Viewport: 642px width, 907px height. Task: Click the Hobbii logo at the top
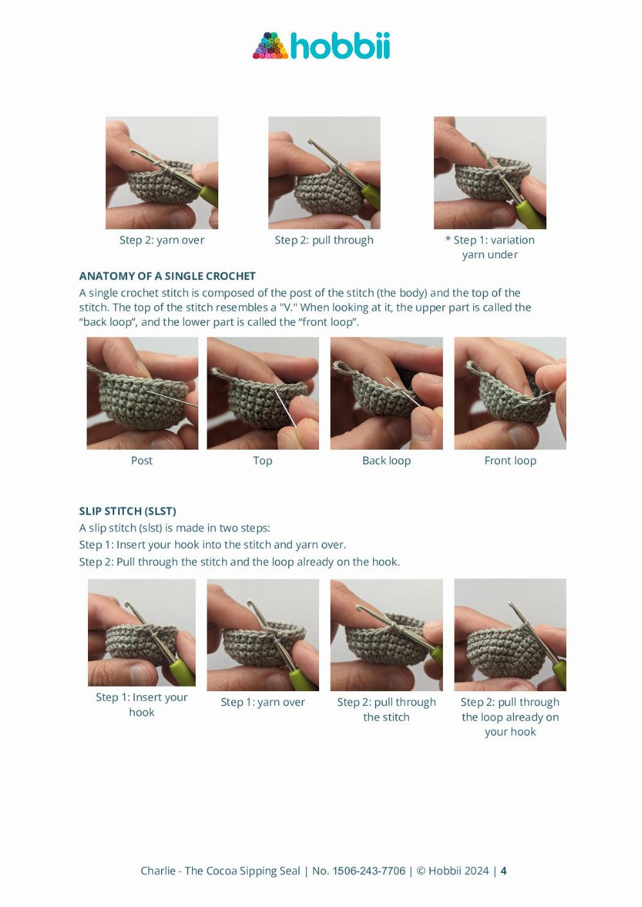click(x=321, y=46)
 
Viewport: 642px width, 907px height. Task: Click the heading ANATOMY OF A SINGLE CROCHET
click(x=167, y=276)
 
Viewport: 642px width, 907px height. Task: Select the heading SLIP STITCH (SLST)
click(x=128, y=511)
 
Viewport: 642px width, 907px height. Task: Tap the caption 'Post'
click(x=142, y=461)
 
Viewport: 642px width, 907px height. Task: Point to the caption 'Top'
click(x=263, y=461)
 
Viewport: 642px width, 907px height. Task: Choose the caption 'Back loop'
click(x=386, y=461)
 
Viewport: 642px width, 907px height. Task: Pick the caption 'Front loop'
click(x=510, y=461)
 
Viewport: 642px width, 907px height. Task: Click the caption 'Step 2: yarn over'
click(x=162, y=240)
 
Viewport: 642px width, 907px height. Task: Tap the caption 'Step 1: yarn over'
click(x=263, y=702)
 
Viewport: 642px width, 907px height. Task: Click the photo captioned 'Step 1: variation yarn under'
click(x=490, y=173)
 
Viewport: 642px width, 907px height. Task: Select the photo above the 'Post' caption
click(x=143, y=393)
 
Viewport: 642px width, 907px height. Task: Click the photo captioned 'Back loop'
click(x=386, y=393)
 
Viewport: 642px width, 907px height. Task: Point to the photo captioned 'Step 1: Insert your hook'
click(x=142, y=633)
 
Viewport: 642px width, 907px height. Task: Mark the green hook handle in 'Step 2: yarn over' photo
click(x=209, y=195)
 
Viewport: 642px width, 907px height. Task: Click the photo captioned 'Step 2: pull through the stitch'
click(x=386, y=635)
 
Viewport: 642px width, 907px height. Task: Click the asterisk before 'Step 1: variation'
click(x=447, y=239)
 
